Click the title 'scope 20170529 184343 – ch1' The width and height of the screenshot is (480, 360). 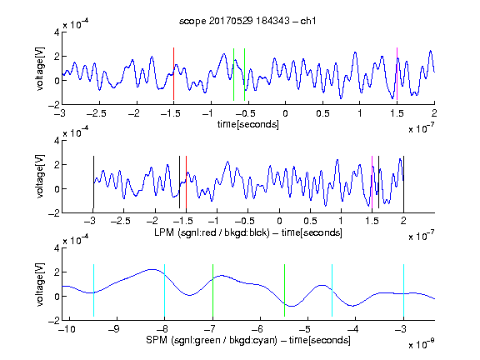pos(247,21)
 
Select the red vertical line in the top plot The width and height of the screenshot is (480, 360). pos(173,74)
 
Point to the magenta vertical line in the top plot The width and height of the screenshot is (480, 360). pos(397,74)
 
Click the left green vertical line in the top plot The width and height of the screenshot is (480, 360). pos(233,74)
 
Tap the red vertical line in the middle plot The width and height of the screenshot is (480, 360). pos(186,182)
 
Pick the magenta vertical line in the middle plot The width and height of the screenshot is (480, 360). pos(372,182)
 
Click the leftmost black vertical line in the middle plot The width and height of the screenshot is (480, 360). pos(93,182)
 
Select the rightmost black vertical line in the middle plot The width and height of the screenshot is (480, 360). pos(404,182)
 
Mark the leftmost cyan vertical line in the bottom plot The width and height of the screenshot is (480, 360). pos(93,290)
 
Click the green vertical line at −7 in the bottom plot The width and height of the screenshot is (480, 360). pos(212,290)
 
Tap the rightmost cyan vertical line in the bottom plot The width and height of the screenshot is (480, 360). pos(404,290)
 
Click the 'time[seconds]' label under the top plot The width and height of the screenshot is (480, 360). pos(248,125)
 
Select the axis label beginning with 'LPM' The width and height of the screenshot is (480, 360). pos(248,232)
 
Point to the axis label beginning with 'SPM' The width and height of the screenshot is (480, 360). pos(248,340)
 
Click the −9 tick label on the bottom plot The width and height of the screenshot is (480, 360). pos(113,329)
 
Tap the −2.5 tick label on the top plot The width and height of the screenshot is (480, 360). pos(96,113)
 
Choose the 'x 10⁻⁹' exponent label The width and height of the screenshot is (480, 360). pos(422,344)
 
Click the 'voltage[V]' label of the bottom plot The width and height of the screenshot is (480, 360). pos(40,284)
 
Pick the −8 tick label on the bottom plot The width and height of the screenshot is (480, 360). pos(162,329)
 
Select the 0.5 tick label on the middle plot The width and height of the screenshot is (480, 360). pos(310,221)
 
